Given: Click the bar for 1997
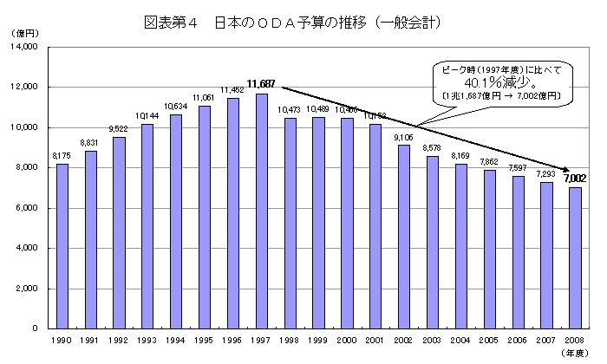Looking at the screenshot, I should coord(261,211).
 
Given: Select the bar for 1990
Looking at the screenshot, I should coord(62,246).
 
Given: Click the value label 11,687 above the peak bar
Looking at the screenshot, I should coord(261,83).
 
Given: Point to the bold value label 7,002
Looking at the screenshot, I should coord(575,179).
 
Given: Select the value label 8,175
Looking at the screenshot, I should coord(62,155).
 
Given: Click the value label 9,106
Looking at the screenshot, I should coord(403,137).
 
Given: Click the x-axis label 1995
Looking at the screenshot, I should coord(204,341).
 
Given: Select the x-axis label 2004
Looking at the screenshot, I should coord(460,341).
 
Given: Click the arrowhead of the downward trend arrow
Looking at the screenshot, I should coord(569,171).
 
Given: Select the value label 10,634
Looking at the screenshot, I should coord(176,107).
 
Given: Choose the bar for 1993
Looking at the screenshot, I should coord(147,227).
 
